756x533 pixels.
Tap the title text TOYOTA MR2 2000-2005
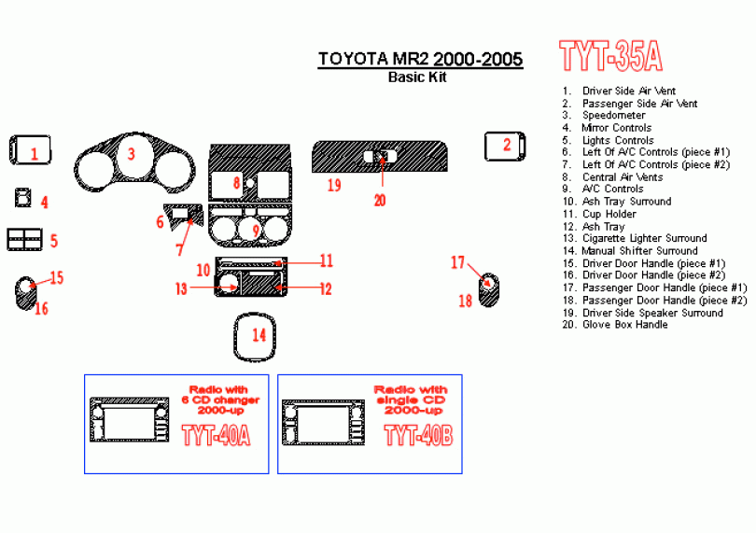420,60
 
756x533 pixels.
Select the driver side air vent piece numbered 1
30,149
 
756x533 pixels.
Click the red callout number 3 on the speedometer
132,154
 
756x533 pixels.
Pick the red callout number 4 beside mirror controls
44,202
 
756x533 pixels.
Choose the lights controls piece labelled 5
25,240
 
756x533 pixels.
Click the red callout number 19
333,185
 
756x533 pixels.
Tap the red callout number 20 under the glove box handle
380,199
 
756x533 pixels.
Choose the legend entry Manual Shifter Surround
638,250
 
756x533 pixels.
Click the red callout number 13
180,288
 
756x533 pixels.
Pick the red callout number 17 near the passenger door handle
457,262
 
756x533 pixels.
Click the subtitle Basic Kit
417,77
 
